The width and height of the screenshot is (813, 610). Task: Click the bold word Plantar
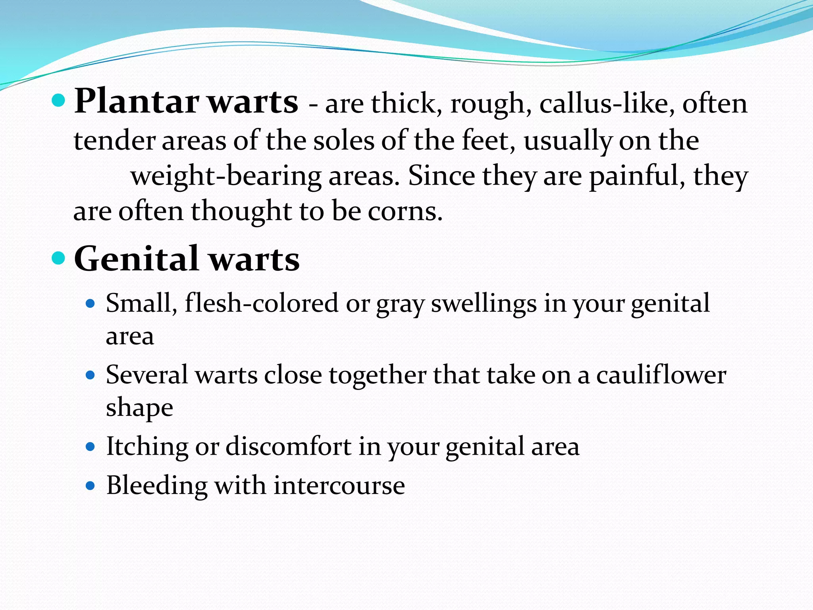click(137, 102)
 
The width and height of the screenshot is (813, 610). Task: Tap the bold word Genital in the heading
click(136, 259)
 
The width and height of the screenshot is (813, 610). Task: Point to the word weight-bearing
click(226, 176)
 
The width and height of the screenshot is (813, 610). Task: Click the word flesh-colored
click(262, 303)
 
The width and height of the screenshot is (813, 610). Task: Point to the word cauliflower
click(661, 375)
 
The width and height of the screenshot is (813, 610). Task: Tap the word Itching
click(147, 447)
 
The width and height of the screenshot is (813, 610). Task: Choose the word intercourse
click(339, 485)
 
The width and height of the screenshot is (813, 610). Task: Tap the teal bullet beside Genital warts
click(58, 259)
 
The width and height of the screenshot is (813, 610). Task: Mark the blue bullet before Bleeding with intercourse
click(91, 485)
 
